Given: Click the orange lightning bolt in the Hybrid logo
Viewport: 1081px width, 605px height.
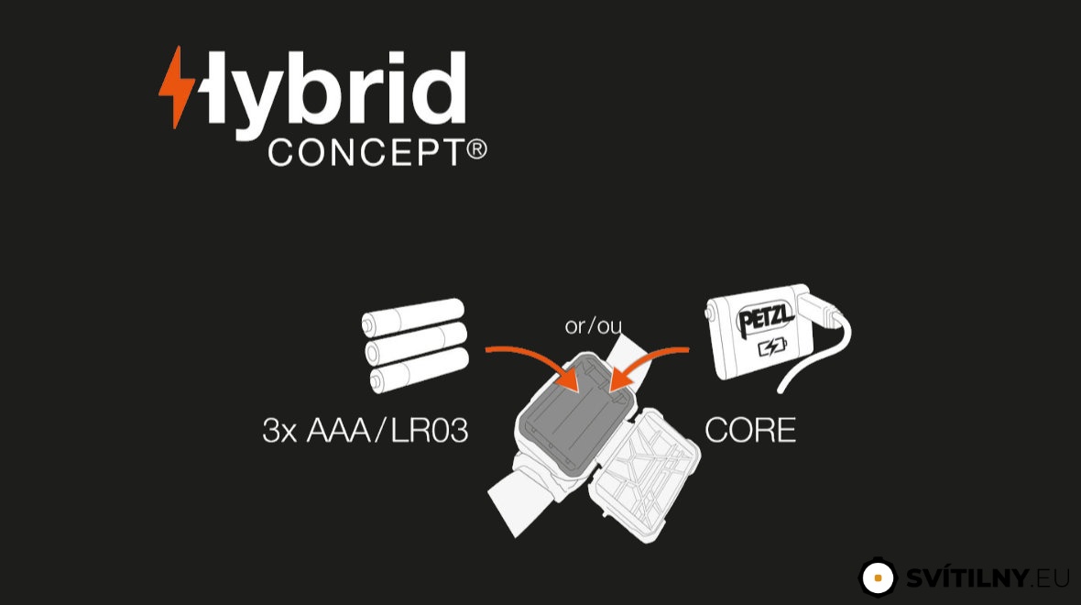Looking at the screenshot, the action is pos(177,88).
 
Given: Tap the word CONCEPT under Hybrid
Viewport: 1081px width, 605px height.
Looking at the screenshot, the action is pos(366,152).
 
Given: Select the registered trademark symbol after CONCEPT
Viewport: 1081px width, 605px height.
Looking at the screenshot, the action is pos(477,149).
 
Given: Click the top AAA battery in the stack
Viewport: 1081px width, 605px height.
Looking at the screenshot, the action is pos(412,317).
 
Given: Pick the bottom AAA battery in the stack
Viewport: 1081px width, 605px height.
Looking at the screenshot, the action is pos(419,371).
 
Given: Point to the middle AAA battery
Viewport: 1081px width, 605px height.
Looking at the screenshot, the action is pos(416,345).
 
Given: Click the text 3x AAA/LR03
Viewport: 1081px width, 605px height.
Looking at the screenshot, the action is pos(366,431).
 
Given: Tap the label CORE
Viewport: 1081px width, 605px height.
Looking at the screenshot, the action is pos(750,431).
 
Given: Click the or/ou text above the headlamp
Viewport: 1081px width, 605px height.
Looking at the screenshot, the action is pos(593,324).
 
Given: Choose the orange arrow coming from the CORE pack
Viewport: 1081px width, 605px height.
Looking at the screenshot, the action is pos(647,364).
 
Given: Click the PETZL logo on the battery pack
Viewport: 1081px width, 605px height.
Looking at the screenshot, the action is pos(765,319).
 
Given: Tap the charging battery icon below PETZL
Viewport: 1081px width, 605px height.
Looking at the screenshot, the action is pos(772,347).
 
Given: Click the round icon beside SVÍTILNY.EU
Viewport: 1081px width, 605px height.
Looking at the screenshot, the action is pos(878,577).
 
